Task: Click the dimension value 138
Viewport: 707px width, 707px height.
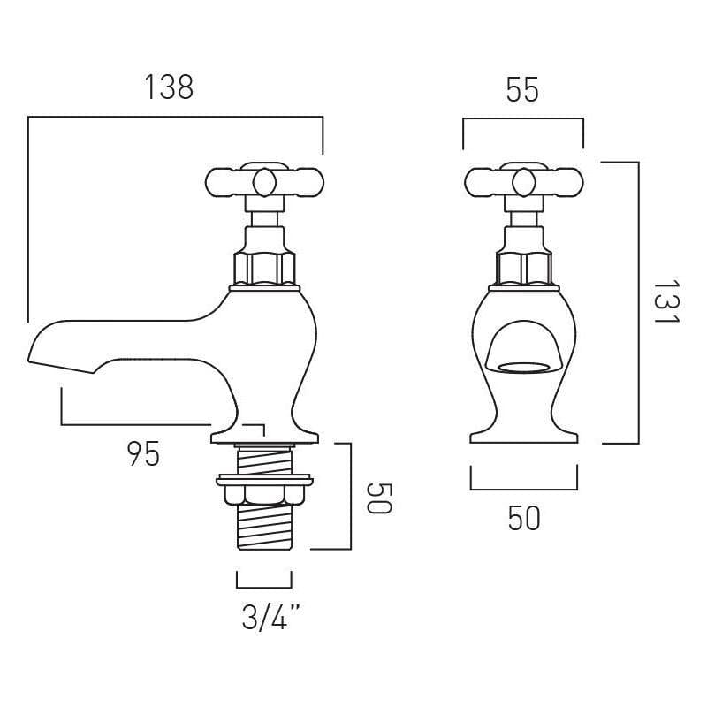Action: [168, 88]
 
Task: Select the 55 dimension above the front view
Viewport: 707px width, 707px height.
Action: [522, 89]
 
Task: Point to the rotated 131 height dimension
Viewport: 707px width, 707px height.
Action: [665, 303]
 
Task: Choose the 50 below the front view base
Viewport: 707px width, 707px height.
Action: [523, 519]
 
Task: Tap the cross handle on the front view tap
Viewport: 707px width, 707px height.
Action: [522, 183]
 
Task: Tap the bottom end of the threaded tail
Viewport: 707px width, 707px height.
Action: [263, 546]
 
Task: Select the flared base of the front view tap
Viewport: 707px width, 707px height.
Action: [522, 433]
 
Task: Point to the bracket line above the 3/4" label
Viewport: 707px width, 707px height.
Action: [263, 586]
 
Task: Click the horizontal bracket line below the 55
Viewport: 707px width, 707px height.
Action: [523, 118]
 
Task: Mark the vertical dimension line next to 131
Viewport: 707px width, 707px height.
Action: [637, 303]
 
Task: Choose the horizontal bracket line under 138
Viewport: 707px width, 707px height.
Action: [175, 117]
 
